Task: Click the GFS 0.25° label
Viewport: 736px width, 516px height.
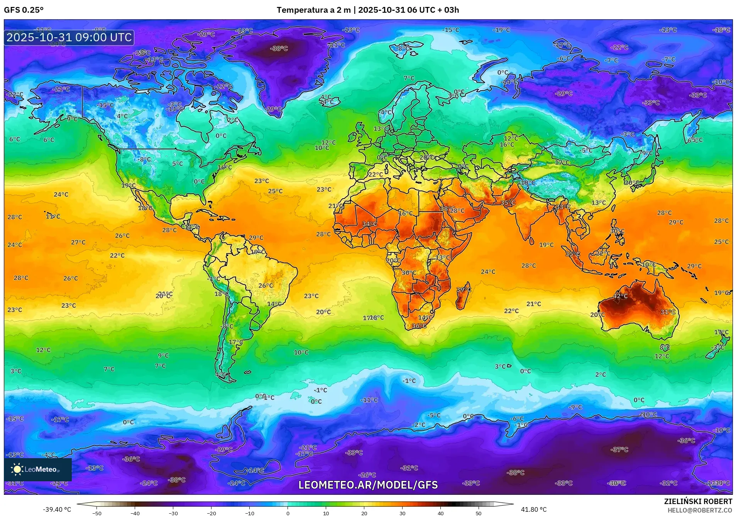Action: click(x=24, y=10)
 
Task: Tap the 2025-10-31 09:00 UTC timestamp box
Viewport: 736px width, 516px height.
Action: click(x=69, y=37)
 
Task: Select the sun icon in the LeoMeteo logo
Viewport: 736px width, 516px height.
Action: click(x=17, y=469)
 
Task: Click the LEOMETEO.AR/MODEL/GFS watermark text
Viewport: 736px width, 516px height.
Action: click(x=368, y=485)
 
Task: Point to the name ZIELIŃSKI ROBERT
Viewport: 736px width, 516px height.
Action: click(x=698, y=501)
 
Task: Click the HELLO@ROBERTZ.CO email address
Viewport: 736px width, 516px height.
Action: click(x=700, y=510)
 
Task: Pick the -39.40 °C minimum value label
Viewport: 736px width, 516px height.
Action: click(x=57, y=509)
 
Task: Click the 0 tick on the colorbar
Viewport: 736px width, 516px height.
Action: click(x=288, y=513)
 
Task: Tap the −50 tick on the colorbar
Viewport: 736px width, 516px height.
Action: click(x=97, y=513)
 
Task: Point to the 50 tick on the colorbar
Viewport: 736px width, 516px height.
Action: click(x=479, y=513)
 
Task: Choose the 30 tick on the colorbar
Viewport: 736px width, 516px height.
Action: click(x=402, y=513)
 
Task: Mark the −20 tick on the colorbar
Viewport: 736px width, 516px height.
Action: click(x=211, y=513)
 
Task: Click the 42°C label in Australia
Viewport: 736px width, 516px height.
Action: click(x=620, y=296)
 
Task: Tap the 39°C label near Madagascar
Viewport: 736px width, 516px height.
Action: click(x=464, y=290)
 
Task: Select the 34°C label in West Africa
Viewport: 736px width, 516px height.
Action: click(x=369, y=224)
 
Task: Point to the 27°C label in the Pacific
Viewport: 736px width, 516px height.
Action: click(x=78, y=242)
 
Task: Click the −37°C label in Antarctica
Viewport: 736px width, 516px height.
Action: click(x=619, y=449)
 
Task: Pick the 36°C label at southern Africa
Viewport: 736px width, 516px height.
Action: click(x=419, y=326)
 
